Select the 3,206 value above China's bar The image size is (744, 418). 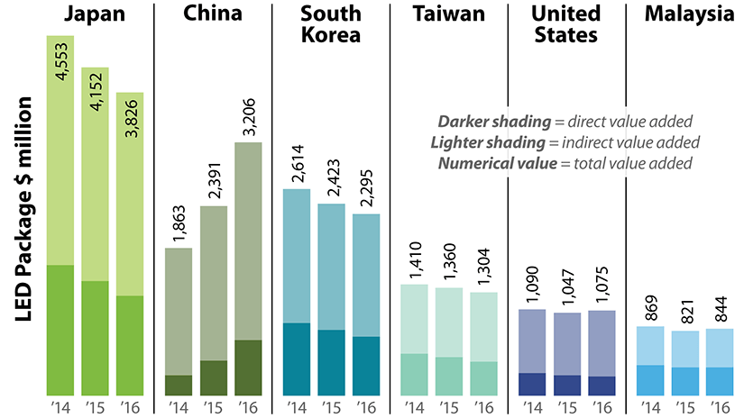point(249,115)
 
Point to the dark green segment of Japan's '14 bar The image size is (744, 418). point(60,330)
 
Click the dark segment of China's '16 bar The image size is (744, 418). point(248,368)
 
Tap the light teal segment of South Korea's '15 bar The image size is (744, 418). point(332,267)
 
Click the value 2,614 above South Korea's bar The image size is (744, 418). point(298,163)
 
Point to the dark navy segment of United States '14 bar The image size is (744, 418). point(532,384)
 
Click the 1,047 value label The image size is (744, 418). point(567,287)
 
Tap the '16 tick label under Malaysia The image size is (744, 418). point(719,407)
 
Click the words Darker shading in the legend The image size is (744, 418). point(489,122)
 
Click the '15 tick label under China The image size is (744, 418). point(214,407)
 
